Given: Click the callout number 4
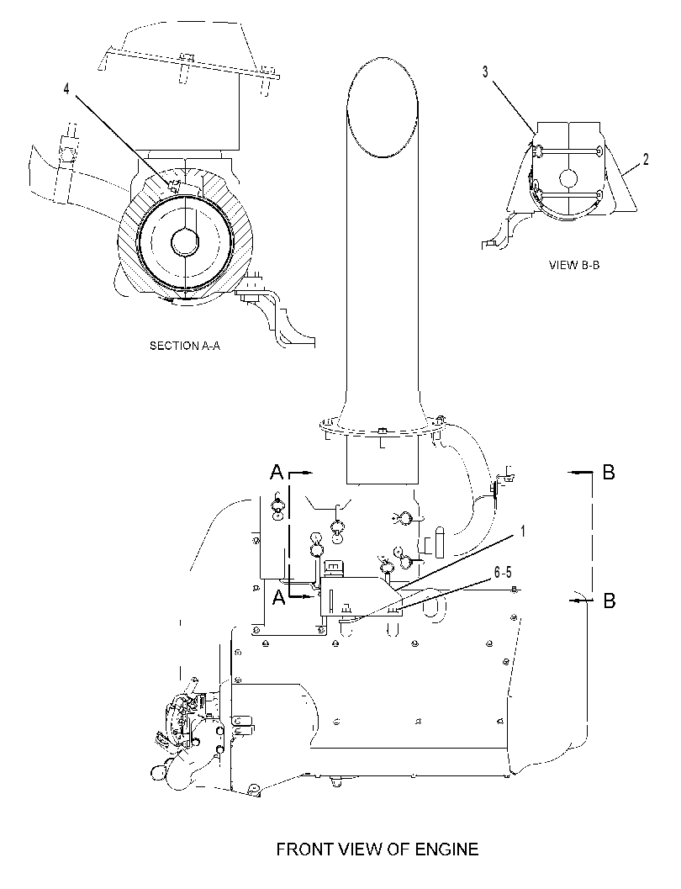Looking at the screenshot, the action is coord(66,89).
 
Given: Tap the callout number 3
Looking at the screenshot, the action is coord(486,71).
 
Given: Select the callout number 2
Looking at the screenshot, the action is coord(646,159).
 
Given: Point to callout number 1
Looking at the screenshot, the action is coord(523,532).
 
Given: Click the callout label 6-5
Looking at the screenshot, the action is coord(503,572).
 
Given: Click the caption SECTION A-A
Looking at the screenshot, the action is coord(185,346).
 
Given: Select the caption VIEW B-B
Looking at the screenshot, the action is coord(574,265).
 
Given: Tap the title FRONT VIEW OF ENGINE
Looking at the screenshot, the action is coord(377,849).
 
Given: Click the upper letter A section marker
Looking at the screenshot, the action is coord(277,471).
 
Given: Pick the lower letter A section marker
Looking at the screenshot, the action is coord(278,596).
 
